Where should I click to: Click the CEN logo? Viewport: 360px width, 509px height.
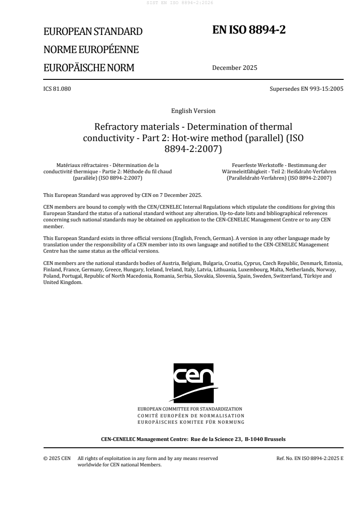click(193, 382)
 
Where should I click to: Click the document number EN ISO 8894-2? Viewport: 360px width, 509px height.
click(249, 30)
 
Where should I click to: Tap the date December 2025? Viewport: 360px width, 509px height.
click(234, 68)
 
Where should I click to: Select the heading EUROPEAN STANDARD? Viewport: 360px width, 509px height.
click(93, 32)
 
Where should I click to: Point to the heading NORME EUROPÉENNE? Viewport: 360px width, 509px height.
click(91, 50)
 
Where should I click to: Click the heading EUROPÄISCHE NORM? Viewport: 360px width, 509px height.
click(89, 68)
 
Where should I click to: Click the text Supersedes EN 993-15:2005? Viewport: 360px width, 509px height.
click(306, 89)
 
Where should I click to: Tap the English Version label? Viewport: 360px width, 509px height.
click(193, 111)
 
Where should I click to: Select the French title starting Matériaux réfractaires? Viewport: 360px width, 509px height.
click(107, 171)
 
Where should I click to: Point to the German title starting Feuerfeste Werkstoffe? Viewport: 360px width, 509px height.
click(279, 171)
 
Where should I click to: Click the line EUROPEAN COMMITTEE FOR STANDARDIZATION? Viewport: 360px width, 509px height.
click(193, 409)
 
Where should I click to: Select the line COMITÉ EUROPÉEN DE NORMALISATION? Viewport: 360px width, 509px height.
click(193, 415)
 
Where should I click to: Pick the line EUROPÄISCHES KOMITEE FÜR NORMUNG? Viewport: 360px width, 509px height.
click(193, 422)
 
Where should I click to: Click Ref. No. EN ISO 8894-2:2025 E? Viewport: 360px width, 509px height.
click(310, 458)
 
